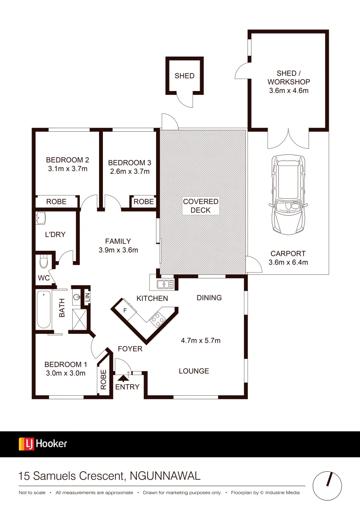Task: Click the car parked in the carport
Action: coord(288,194)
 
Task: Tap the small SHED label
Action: coord(184,76)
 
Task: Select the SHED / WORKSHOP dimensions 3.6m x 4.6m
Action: coord(289,90)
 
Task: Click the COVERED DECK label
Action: coord(201,205)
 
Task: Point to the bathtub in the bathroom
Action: coord(44,310)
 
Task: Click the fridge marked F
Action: coord(125,310)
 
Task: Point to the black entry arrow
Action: coord(123,377)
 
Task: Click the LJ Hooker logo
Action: coord(43,443)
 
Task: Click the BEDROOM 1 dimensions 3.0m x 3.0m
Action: coord(65,373)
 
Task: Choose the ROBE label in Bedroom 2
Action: coord(56,202)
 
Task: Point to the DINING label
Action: coord(209,297)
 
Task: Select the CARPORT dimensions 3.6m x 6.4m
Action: coord(288,262)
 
